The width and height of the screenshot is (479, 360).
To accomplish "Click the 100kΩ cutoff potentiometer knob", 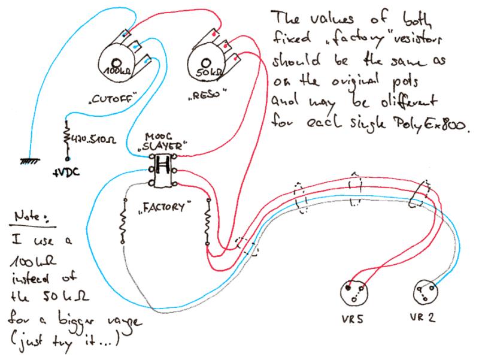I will coord(117,64).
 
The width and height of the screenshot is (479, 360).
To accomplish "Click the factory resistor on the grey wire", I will coord(123,222).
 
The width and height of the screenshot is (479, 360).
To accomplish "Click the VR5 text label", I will coord(355,321).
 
